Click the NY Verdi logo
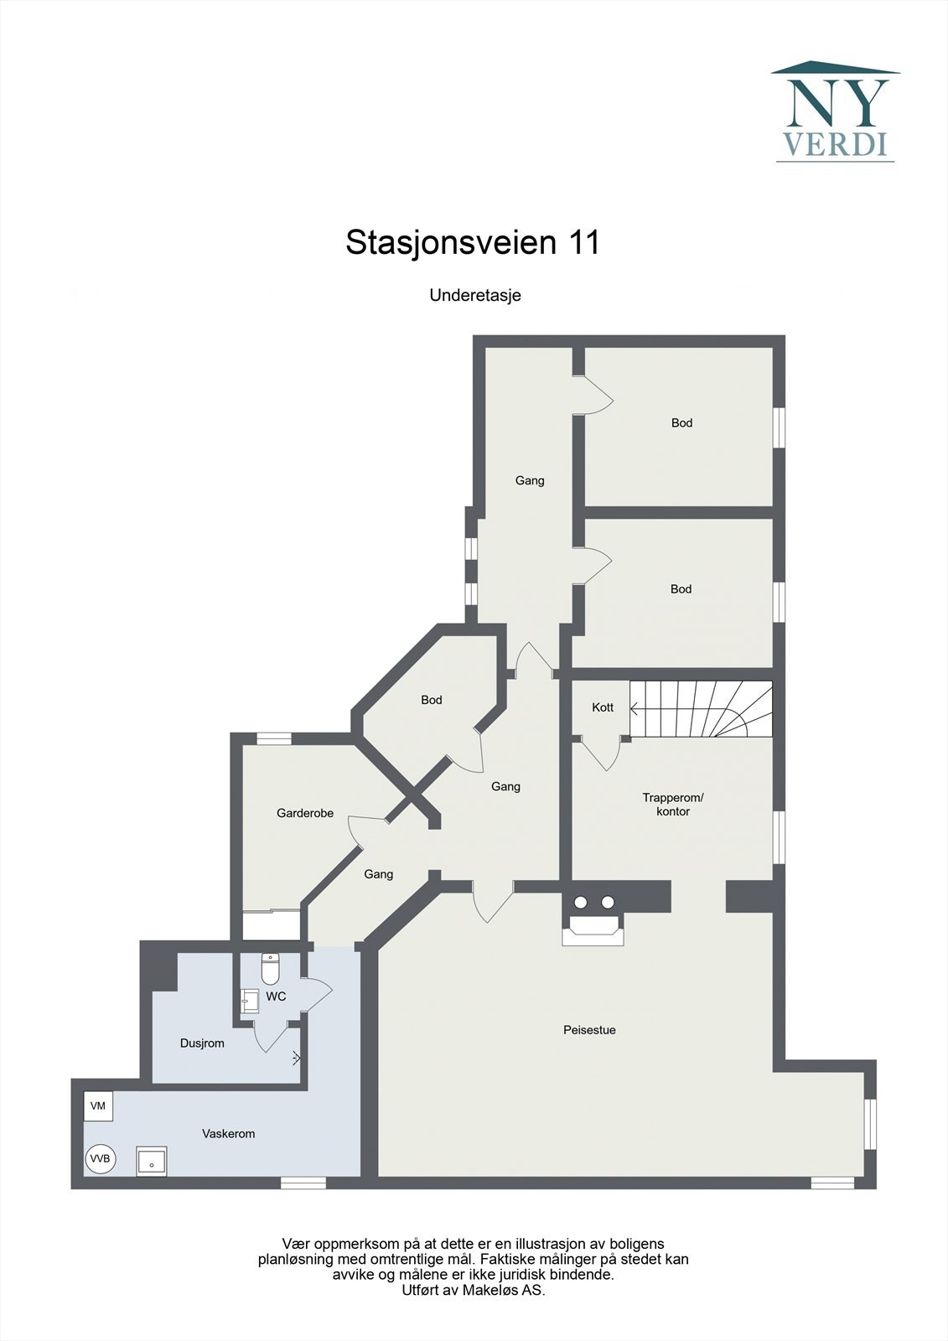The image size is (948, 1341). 835,111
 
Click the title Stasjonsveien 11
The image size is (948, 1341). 473,243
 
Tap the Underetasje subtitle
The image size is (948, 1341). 475,295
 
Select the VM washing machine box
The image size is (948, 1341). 98,1106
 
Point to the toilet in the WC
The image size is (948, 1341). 270,969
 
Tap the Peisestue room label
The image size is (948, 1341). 589,1030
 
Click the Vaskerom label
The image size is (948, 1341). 228,1134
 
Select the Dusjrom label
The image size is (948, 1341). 202,1043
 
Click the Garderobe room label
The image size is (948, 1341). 305,813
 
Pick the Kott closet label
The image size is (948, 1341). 603,707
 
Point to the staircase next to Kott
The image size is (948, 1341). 701,709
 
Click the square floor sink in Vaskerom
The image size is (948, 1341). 152,1162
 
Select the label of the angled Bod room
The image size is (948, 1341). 432,700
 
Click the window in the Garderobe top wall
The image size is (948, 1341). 273,738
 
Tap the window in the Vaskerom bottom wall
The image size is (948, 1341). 303,1183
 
